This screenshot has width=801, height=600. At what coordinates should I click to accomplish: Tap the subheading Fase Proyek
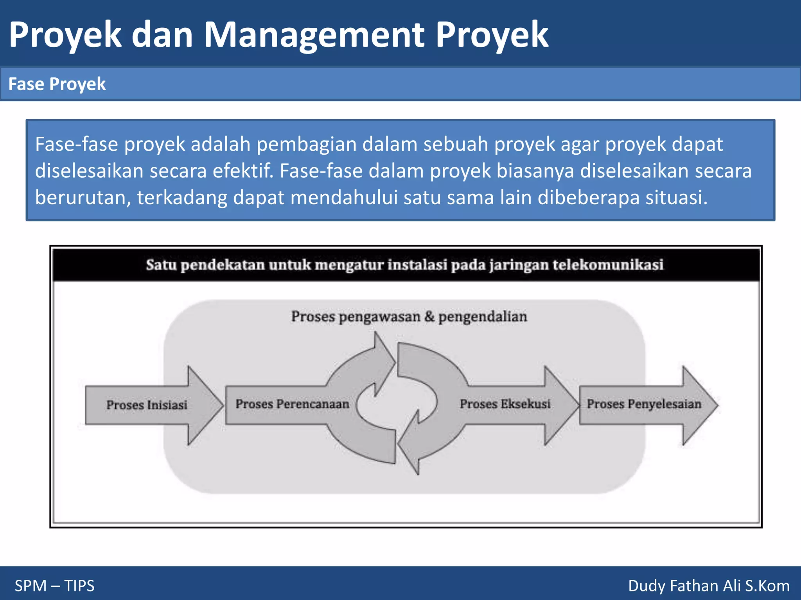(x=57, y=84)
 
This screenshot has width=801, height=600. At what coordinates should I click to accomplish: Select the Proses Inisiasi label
(x=147, y=405)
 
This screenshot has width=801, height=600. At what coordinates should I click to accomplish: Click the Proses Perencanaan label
(x=292, y=404)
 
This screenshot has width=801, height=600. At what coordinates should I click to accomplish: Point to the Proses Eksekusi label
(x=505, y=404)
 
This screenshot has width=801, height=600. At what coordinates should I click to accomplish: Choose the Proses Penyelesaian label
(x=644, y=404)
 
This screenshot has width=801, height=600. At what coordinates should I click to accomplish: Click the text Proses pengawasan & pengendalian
(x=409, y=316)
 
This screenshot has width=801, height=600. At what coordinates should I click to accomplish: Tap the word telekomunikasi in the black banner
(x=608, y=265)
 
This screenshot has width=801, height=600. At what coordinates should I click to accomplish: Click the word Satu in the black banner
(x=161, y=265)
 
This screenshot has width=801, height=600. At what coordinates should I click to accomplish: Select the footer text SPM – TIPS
(x=55, y=586)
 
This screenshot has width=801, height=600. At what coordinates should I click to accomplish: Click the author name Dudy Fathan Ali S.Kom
(x=709, y=586)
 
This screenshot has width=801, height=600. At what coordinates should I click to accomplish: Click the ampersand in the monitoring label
(x=429, y=316)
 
